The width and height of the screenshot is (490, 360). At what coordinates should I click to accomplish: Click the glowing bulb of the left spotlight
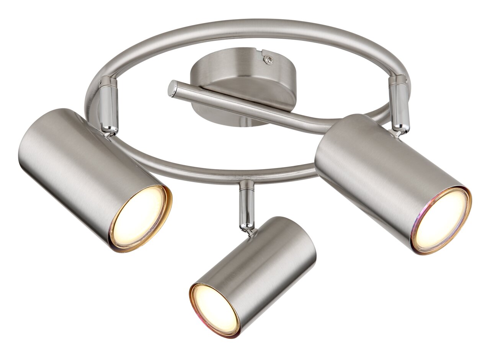pos(139,218)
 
